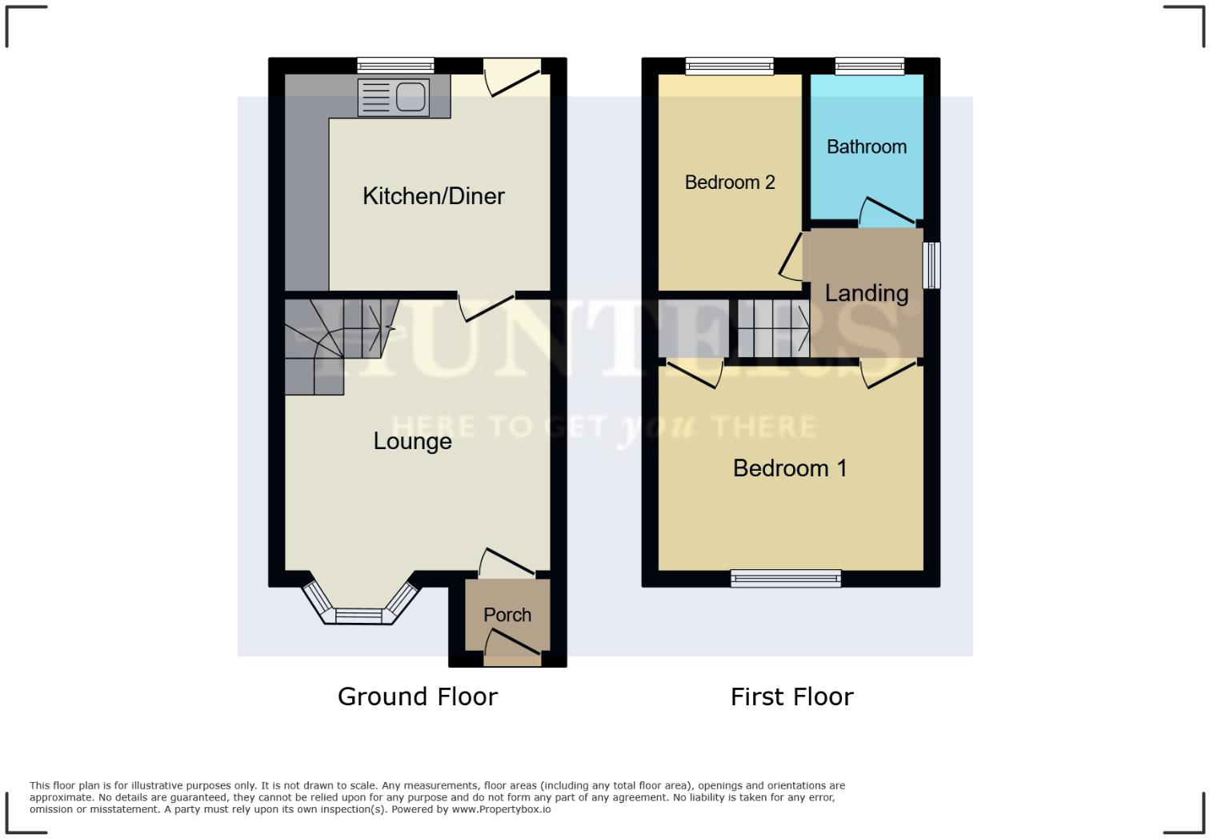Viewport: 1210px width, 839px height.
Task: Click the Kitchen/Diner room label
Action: (433, 196)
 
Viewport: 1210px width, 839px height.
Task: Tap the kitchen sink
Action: (393, 97)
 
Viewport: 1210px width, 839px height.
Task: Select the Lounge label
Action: (412, 441)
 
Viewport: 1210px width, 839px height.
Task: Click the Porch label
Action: (507, 615)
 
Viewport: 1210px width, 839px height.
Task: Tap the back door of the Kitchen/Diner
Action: (512, 78)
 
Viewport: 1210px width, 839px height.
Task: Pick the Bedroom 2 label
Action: (730, 183)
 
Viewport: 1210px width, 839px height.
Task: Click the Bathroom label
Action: (866, 147)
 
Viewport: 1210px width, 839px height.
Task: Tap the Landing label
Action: (866, 293)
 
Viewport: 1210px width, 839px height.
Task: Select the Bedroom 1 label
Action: (790, 468)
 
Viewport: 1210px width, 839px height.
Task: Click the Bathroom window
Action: (870, 66)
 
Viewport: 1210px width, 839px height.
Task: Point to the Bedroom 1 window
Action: (786, 578)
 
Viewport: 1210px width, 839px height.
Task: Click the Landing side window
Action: (932, 265)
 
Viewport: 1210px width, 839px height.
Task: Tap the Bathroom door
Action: (887, 212)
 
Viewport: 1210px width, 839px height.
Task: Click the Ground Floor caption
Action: (417, 696)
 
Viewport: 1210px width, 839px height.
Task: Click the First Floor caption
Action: (791, 696)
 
